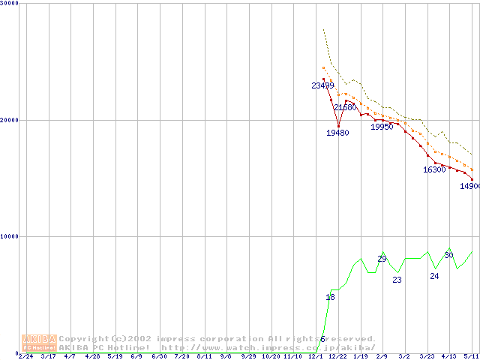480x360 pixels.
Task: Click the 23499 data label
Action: coord(322,85)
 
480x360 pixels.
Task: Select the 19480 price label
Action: coord(337,133)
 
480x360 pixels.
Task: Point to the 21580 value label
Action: coord(345,108)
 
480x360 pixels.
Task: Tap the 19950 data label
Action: coord(382,127)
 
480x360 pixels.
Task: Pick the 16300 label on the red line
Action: coord(434,169)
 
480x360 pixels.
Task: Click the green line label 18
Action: coord(330,297)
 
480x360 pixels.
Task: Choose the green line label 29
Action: coord(382,259)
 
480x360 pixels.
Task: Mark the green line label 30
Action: coord(448,255)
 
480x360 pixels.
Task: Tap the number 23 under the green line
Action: coord(397,280)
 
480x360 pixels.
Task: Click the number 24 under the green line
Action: coord(434,276)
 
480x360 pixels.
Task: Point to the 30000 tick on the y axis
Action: coord(10,3)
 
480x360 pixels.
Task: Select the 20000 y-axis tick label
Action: coord(10,120)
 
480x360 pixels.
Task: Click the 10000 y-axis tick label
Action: coord(10,236)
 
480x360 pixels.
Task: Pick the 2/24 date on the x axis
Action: coord(25,356)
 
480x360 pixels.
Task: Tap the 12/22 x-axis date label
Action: coord(337,356)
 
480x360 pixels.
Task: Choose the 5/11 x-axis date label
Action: coord(471,356)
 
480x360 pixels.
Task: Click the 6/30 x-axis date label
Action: coord(159,356)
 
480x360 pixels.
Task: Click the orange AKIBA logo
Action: coord(39,342)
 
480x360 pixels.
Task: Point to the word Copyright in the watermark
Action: coord(83,339)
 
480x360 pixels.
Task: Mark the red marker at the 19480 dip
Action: coord(338,126)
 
